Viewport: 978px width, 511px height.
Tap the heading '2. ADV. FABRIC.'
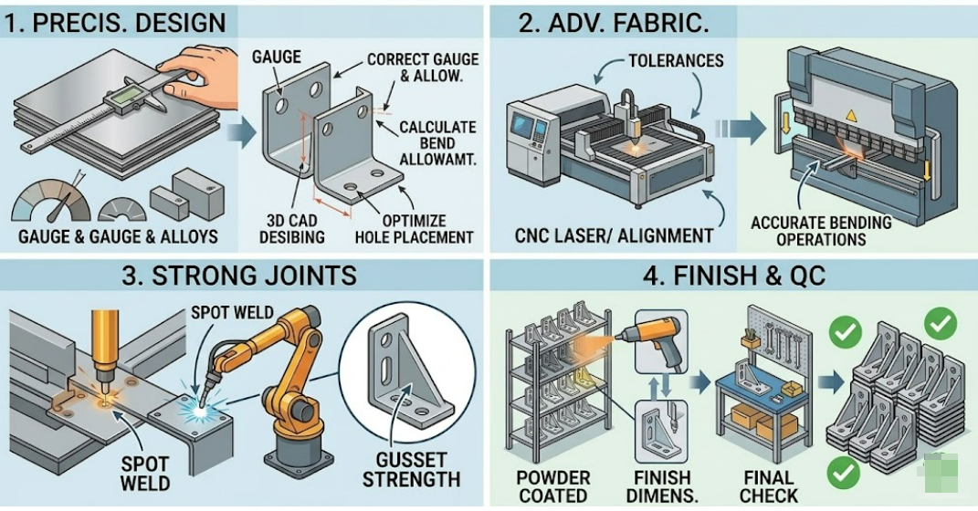(614, 22)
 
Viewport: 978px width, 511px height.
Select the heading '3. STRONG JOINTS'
(239, 275)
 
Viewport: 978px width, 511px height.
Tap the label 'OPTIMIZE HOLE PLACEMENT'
(414, 229)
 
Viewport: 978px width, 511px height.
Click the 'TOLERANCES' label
(676, 61)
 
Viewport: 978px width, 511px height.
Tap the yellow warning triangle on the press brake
(851, 116)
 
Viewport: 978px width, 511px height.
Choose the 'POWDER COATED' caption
(552, 486)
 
